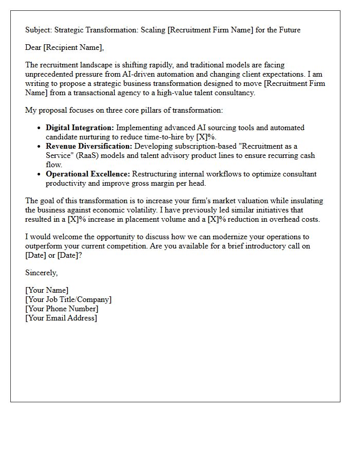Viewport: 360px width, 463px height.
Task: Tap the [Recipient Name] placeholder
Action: coord(74,48)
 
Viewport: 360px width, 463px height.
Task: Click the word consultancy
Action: coord(233,93)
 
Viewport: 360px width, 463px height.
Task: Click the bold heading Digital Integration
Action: coord(80,128)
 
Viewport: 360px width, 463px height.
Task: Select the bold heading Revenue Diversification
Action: coord(89,146)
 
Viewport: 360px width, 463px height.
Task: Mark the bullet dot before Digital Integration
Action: coord(40,128)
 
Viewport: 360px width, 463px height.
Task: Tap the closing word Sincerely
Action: coord(41,273)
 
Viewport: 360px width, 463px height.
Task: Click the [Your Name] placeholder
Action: coord(47,290)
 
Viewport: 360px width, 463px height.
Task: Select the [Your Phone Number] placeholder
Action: coord(62,309)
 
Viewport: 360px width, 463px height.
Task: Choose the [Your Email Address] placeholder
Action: coord(61,318)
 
